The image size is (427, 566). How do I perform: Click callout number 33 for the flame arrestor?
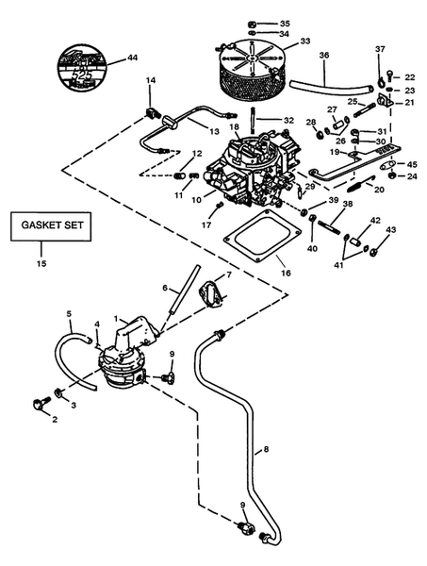point(304,42)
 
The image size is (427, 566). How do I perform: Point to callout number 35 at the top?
point(285,22)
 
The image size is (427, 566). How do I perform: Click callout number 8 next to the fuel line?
point(266,450)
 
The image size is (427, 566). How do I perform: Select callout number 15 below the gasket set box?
point(39,262)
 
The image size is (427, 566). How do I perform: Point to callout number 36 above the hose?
point(323,56)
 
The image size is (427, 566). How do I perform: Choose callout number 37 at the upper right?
point(380,48)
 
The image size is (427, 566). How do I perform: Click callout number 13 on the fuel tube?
point(214,131)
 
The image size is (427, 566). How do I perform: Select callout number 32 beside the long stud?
point(289,120)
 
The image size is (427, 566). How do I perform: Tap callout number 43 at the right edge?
point(391,230)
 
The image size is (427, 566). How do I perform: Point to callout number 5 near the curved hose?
point(69,313)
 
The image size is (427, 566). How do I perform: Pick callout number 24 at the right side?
point(412,175)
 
